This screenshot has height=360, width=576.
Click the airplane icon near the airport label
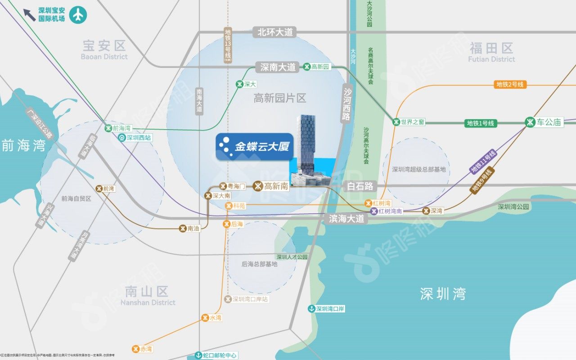pos(78,15)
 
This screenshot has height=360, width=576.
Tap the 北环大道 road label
pos(274,32)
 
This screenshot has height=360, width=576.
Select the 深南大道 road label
pos(278,67)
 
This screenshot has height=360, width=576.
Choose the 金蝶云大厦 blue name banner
pos(254,146)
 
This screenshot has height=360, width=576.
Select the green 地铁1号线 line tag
pos(480,123)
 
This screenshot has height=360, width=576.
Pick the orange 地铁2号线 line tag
pos(510,85)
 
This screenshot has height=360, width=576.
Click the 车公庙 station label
pos(544,122)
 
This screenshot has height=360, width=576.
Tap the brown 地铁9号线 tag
pos(482,180)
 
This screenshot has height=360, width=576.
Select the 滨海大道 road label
pos(346,219)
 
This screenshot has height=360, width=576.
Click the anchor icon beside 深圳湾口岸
pos(311,309)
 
